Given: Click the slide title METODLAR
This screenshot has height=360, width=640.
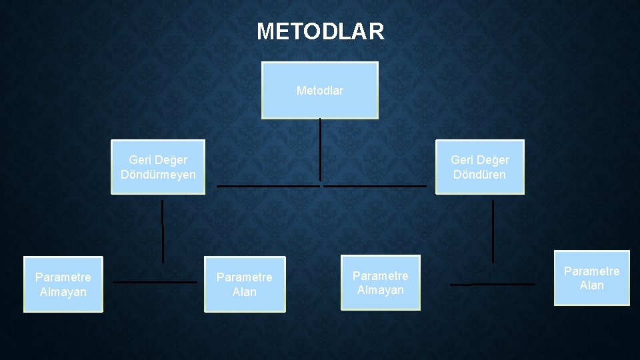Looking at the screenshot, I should [x=320, y=31].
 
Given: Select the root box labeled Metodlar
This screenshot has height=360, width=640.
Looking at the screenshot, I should [x=320, y=90].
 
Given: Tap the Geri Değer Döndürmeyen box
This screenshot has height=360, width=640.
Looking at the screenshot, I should [x=158, y=167].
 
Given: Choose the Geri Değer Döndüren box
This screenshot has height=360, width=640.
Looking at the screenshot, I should [x=480, y=167].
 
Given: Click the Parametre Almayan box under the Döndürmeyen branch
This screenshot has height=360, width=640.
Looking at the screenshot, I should [x=63, y=284].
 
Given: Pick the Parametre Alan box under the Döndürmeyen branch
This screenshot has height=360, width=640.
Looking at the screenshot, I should [x=245, y=284].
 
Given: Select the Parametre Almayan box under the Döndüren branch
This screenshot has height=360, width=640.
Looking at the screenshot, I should [x=381, y=283].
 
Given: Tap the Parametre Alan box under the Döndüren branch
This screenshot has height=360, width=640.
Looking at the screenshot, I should [x=592, y=278].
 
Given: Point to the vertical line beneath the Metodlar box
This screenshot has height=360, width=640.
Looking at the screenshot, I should [x=320, y=150].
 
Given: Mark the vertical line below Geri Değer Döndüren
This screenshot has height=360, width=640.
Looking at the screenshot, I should [x=493, y=231].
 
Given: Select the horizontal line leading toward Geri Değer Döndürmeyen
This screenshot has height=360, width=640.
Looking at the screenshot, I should [x=268, y=186].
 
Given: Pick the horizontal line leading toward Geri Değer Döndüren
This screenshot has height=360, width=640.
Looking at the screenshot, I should [x=375, y=186].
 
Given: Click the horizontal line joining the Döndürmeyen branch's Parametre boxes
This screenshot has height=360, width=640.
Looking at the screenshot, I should [x=155, y=282].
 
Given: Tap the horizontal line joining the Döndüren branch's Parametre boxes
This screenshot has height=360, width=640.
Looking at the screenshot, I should [x=493, y=285].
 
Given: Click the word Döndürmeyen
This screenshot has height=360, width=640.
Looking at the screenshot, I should [x=158, y=175].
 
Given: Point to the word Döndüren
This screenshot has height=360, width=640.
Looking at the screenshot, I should [x=480, y=175].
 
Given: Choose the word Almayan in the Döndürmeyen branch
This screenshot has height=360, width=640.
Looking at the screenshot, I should [x=63, y=292].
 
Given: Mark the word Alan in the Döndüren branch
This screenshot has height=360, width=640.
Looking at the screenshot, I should [x=592, y=285].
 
